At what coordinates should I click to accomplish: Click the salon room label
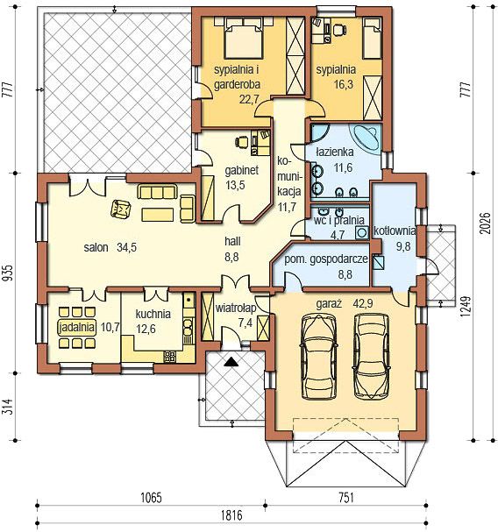click(x=96, y=247)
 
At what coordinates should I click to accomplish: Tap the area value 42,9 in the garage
click(x=363, y=303)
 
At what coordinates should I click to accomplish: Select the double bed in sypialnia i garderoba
click(x=244, y=38)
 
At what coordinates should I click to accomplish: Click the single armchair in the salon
click(x=120, y=209)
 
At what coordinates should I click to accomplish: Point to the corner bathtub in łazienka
click(x=366, y=138)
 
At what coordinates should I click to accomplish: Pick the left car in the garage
click(x=319, y=356)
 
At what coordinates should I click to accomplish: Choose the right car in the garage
click(x=372, y=355)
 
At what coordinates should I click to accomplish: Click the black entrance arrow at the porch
click(x=231, y=362)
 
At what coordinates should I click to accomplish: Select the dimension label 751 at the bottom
click(x=346, y=498)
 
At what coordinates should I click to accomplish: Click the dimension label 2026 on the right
click(x=486, y=223)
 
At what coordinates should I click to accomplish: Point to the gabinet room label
click(x=242, y=170)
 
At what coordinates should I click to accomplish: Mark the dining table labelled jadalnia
click(x=77, y=328)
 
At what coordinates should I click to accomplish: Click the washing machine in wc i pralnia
click(x=362, y=233)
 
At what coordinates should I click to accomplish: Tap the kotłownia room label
click(x=395, y=231)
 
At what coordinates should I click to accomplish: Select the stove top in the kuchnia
click(x=170, y=356)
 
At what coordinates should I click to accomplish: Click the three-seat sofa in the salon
click(x=157, y=192)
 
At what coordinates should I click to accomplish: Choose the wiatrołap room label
click(x=236, y=309)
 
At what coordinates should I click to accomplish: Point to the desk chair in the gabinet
click(x=242, y=141)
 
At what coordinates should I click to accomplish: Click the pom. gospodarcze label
click(x=326, y=259)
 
